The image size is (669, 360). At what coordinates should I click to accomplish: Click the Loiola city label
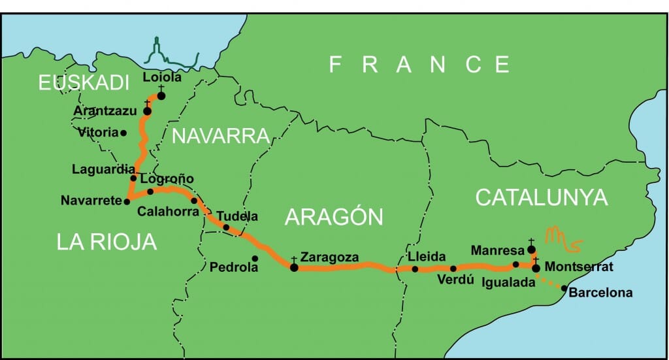pos(161,76)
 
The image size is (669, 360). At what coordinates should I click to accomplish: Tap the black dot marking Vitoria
pos(123,133)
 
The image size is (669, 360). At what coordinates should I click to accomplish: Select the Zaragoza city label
pos(329,257)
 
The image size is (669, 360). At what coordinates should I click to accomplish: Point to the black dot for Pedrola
pos(255,259)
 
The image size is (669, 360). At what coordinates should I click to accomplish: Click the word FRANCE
pos(419,65)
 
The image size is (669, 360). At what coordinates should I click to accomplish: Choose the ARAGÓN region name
pos(334,217)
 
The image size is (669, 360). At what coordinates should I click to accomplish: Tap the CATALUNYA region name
pos(542,197)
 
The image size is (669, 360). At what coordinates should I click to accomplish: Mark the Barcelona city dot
pos(564,288)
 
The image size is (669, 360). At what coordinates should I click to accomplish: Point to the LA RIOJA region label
pos(106,242)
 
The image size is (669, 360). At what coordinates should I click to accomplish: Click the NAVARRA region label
pos(220,136)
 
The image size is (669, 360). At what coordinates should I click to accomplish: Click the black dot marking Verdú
pos(453,269)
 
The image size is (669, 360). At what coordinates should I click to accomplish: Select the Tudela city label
pos(237,216)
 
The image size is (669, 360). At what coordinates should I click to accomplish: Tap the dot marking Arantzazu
pos(147,111)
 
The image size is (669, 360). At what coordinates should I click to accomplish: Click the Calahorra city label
pos(167,211)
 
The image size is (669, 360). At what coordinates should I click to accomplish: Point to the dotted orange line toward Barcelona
pos(549,282)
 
